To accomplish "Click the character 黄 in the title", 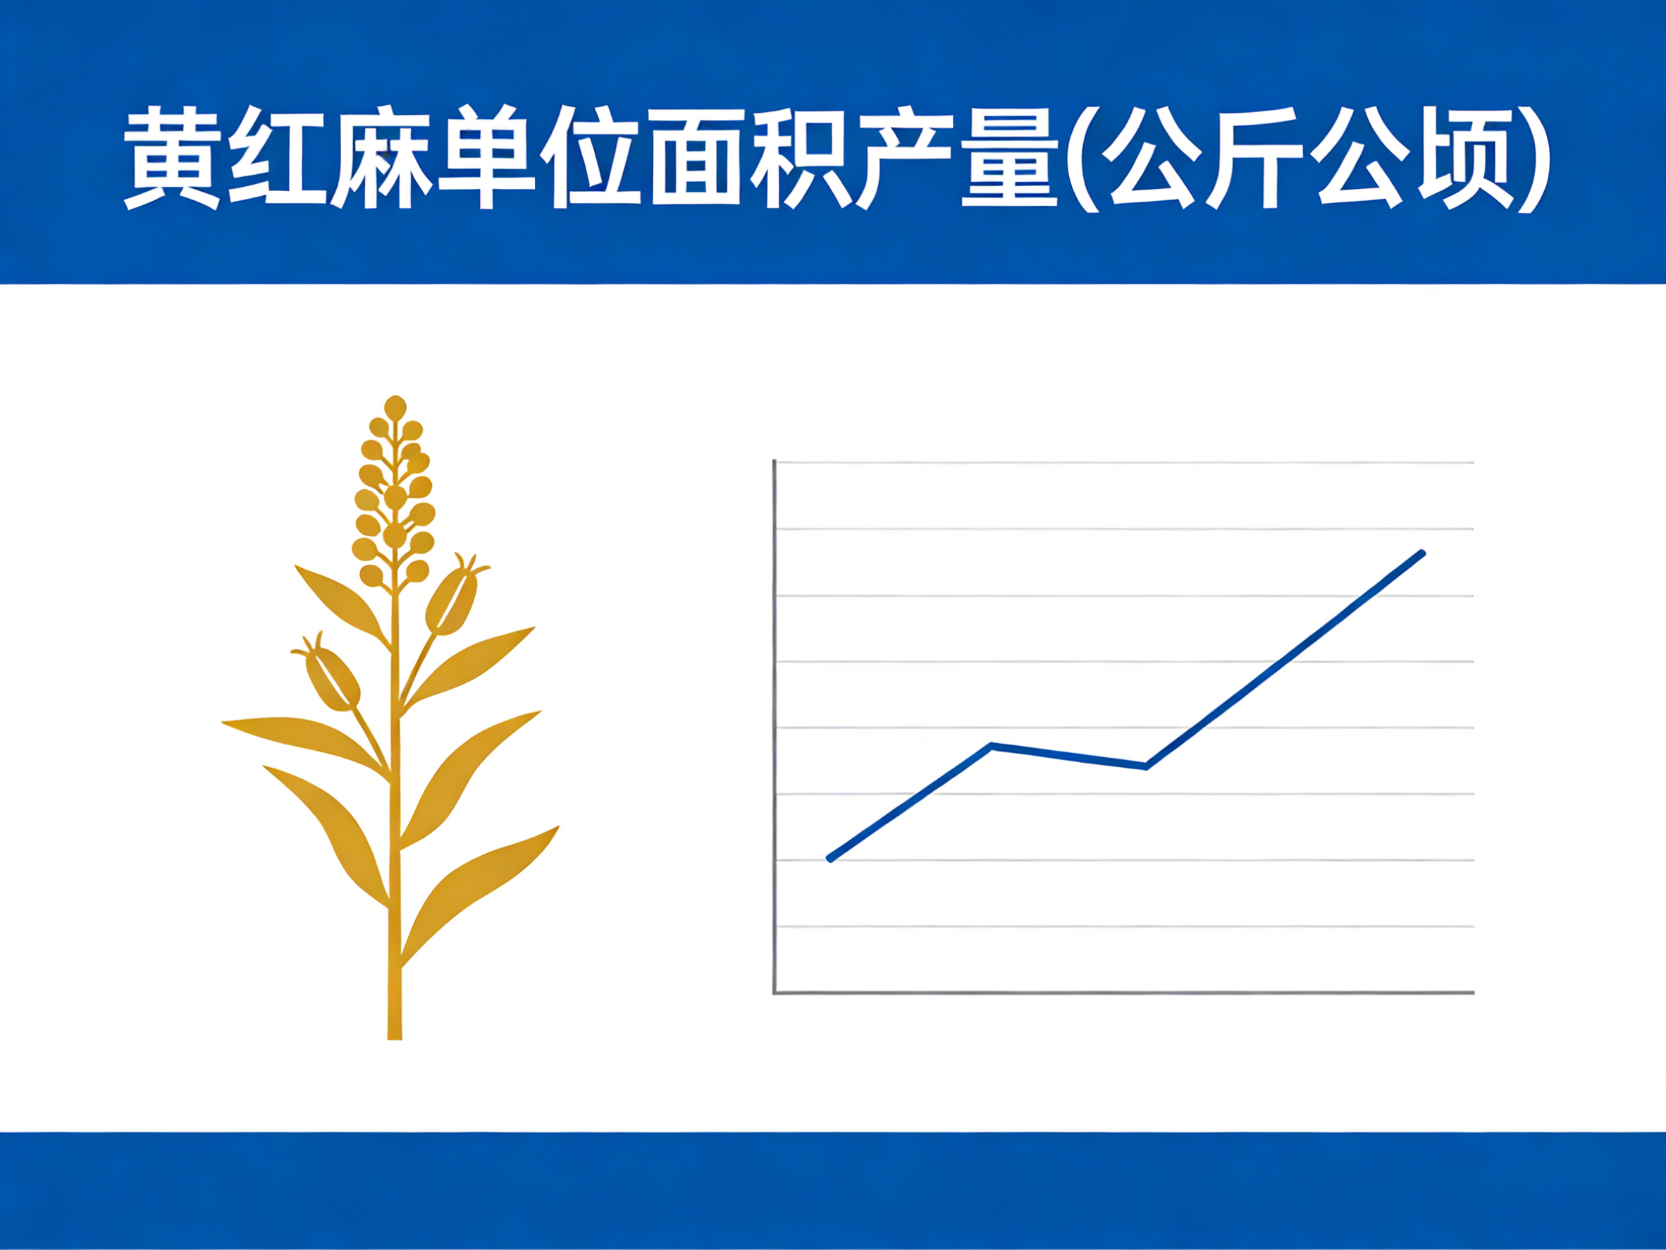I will pos(173,157).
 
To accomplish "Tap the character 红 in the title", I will pos(277,157).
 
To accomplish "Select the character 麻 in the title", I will pos(382,157).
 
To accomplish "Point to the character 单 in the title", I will pos(486,157).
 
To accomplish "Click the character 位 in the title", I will pos(591,157).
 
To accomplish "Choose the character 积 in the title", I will pos(801,157).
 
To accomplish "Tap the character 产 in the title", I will pos(906,157).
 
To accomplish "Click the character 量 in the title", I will pos(1010,157).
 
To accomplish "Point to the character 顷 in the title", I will pos(1466,157).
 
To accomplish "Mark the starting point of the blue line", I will pos(830,859).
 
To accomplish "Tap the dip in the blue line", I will pos(1146,766).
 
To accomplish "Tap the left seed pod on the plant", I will pos(332,677).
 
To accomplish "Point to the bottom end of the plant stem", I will pos(395,1036).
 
